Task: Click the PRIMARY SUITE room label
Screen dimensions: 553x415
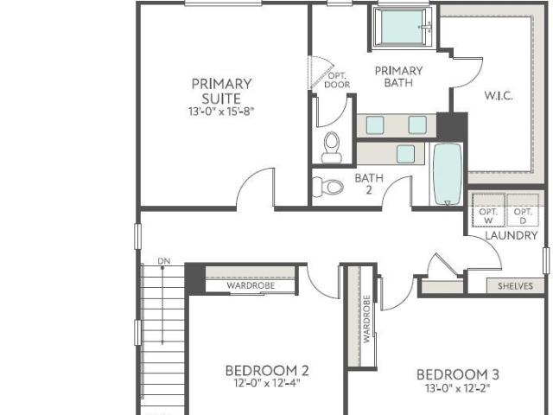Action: point(221,91)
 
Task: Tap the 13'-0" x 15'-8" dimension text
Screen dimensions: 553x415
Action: point(221,112)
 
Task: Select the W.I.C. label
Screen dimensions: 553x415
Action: point(499,96)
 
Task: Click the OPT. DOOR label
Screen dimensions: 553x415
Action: point(337,80)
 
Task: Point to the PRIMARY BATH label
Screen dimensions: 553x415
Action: point(398,77)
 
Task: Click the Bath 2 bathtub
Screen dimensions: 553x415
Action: point(448,174)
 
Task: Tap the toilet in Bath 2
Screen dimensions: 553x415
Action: point(328,187)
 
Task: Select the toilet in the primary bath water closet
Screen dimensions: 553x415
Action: point(332,148)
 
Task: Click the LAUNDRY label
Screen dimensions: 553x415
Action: point(512,235)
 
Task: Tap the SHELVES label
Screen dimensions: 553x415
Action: point(515,286)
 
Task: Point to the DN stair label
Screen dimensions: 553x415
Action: point(164,261)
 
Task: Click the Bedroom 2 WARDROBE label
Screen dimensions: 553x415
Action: point(251,285)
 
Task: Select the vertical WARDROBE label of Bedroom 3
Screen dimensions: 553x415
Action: point(366,319)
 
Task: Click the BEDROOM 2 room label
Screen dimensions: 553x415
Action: point(267,371)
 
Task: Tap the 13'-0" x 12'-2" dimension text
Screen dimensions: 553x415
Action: point(458,388)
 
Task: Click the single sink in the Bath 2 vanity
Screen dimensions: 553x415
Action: point(405,154)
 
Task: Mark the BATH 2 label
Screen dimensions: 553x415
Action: point(369,184)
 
